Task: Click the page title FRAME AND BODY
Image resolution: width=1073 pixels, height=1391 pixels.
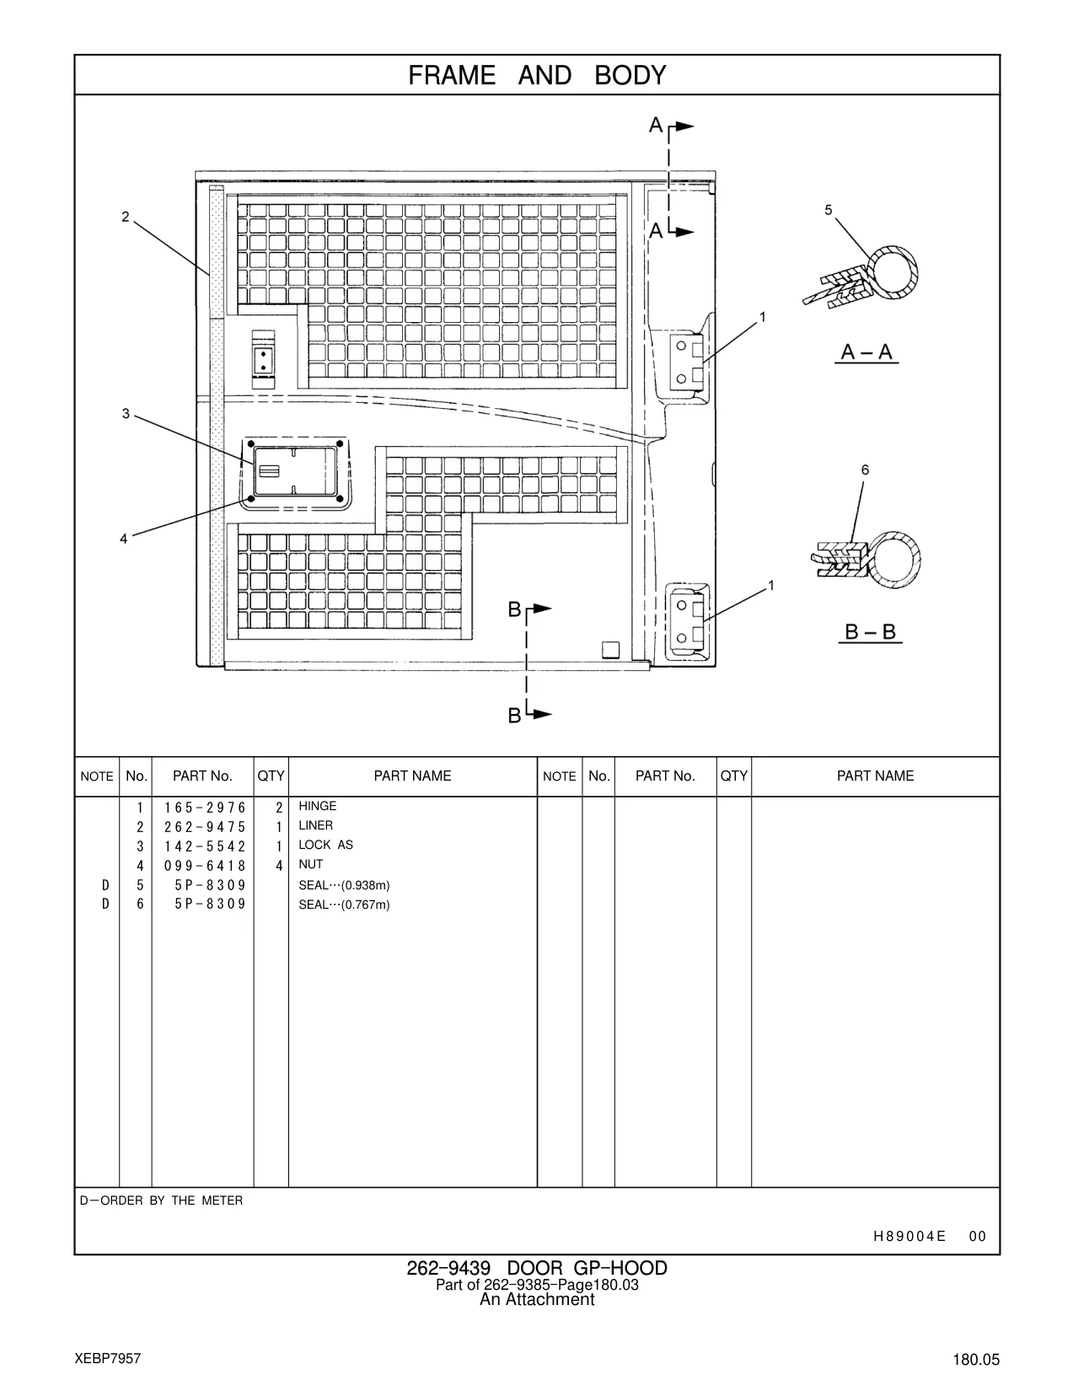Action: [537, 76]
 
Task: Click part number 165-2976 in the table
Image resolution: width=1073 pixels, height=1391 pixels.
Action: [205, 808]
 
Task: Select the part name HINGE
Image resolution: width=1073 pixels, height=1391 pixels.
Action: [318, 806]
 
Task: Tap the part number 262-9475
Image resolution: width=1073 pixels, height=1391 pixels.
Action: [205, 827]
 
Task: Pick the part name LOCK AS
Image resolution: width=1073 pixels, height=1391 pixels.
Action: [325, 845]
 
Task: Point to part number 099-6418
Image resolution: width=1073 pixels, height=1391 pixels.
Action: [205, 866]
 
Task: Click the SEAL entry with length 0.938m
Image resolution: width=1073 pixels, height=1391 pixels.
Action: [344, 885]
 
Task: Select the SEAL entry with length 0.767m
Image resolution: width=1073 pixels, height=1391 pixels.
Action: [344, 905]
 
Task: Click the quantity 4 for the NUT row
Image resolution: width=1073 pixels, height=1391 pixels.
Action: [279, 866]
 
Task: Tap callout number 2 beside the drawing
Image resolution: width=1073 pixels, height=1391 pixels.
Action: [126, 217]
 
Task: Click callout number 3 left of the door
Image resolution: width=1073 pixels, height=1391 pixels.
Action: [126, 414]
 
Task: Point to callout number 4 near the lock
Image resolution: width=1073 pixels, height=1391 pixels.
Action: [124, 539]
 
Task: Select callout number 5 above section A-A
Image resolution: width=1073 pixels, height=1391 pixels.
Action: [829, 210]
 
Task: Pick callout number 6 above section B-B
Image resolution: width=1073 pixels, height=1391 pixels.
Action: [865, 470]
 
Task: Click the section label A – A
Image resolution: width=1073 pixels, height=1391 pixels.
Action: [867, 352]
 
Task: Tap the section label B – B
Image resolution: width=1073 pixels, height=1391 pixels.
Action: [871, 631]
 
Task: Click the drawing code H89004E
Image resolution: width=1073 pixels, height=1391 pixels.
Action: [909, 1237]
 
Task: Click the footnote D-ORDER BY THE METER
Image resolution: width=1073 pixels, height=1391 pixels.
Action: [161, 1200]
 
